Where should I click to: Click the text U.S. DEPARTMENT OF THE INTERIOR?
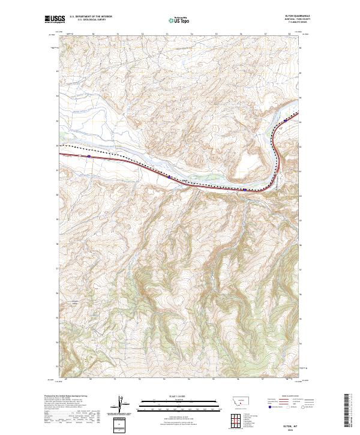point(90,17)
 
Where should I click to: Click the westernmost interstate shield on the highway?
point(89,156)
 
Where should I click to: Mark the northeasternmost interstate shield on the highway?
point(286,119)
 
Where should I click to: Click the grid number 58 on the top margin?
point(289,34)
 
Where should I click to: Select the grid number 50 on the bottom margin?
point(90,379)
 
